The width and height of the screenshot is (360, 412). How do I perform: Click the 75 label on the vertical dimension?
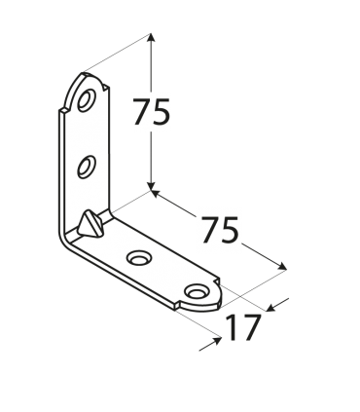151,114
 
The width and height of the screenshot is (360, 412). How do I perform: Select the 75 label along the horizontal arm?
219,230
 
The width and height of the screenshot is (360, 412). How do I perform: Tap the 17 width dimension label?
242,327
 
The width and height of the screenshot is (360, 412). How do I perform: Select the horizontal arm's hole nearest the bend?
138,258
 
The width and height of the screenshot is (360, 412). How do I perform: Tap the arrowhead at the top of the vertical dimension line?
152,37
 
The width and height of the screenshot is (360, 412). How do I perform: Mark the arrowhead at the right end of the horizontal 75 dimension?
283,267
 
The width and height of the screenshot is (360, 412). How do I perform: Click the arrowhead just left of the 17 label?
216,342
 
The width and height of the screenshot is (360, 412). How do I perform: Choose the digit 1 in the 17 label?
232,327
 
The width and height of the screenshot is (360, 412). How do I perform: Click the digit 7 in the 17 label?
251,327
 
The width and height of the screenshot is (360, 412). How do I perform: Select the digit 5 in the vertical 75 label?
161,114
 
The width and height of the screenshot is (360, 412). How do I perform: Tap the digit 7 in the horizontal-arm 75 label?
208,230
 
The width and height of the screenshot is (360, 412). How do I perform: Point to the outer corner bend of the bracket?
66,237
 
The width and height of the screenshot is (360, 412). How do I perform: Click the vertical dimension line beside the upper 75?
152,156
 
